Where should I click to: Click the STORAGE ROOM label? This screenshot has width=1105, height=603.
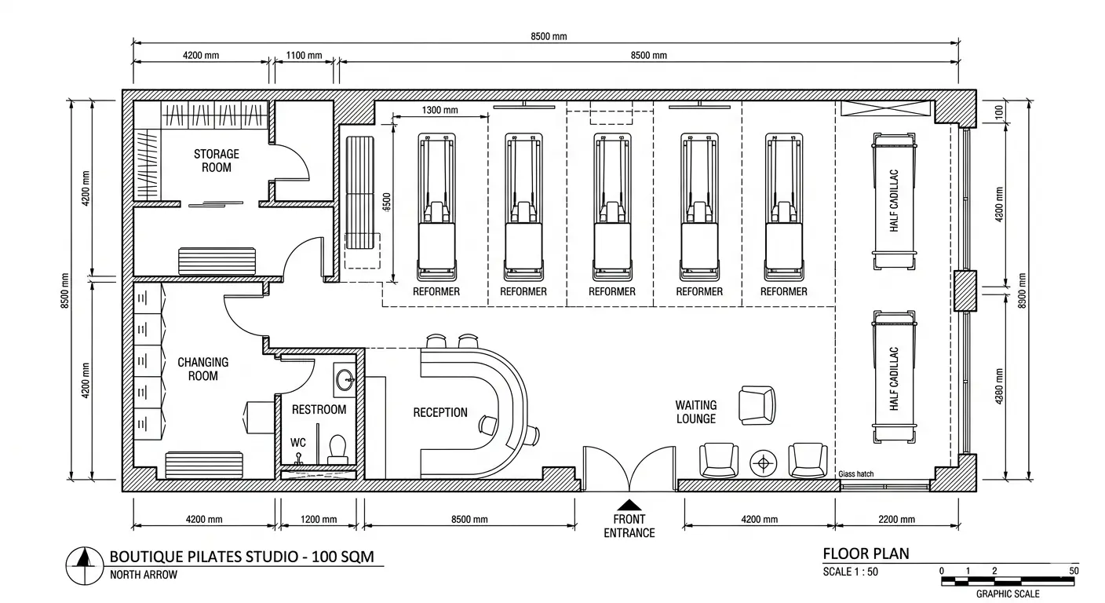[216, 161]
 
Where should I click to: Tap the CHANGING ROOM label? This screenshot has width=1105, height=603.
[202, 369]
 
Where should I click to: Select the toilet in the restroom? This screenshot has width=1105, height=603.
[337, 449]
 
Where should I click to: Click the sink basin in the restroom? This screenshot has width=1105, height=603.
[345, 380]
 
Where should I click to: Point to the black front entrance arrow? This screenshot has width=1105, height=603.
[629, 505]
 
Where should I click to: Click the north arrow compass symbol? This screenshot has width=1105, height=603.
[84, 565]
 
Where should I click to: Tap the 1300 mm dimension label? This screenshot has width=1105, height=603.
[439, 110]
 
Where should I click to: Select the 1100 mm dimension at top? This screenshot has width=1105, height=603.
[304, 55]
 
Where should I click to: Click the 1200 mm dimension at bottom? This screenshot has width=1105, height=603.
[319, 519]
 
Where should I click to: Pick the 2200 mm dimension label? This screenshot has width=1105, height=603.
[896, 519]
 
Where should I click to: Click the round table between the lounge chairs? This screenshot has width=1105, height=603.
[763, 464]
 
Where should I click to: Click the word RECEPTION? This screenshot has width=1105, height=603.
[440, 412]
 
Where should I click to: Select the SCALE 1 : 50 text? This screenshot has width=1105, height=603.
[851, 572]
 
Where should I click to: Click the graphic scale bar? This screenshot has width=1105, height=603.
[1008, 581]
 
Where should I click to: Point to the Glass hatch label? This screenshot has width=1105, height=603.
[856, 474]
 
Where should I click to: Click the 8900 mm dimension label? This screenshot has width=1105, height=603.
[1022, 291]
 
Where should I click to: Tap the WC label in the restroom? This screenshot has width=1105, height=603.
[298, 443]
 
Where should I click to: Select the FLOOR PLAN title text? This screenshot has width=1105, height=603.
[866, 554]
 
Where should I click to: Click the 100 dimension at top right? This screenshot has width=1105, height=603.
[999, 112]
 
